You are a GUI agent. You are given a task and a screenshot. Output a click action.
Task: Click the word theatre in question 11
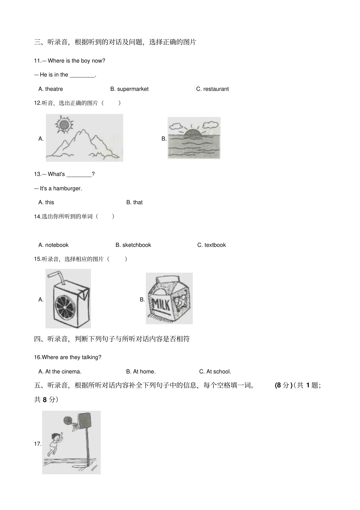[54, 89]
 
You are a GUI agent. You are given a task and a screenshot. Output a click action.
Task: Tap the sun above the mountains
[63, 124]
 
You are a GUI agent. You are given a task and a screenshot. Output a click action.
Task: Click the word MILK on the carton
[161, 304]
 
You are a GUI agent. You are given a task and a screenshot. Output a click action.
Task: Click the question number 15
[38, 259]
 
